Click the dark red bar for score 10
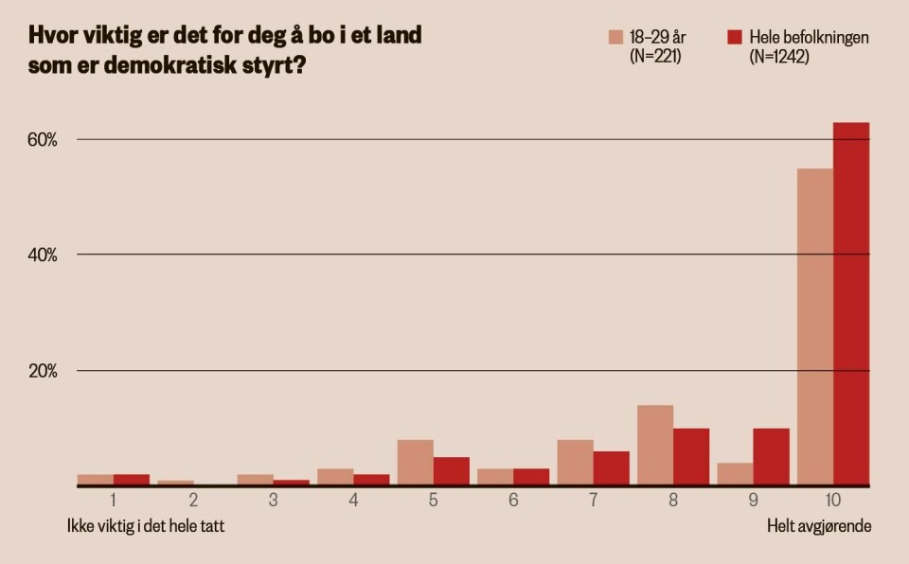[x=851, y=304]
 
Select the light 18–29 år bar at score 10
[x=815, y=326]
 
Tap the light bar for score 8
[x=655, y=445]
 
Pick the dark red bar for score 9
[x=771, y=456]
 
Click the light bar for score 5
[x=415, y=462]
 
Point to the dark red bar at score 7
[x=611, y=467]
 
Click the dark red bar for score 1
[x=132, y=480]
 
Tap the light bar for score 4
[x=335, y=476]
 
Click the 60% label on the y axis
[x=43, y=140]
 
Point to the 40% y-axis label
[x=43, y=256]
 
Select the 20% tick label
[x=43, y=371]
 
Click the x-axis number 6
[x=512, y=499]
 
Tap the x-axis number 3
[x=273, y=499]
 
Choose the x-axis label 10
[x=833, y=499]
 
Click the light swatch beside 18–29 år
[x=615, y=37]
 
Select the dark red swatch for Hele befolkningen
[x=734, y=37]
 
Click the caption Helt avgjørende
[x=819, y=525]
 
